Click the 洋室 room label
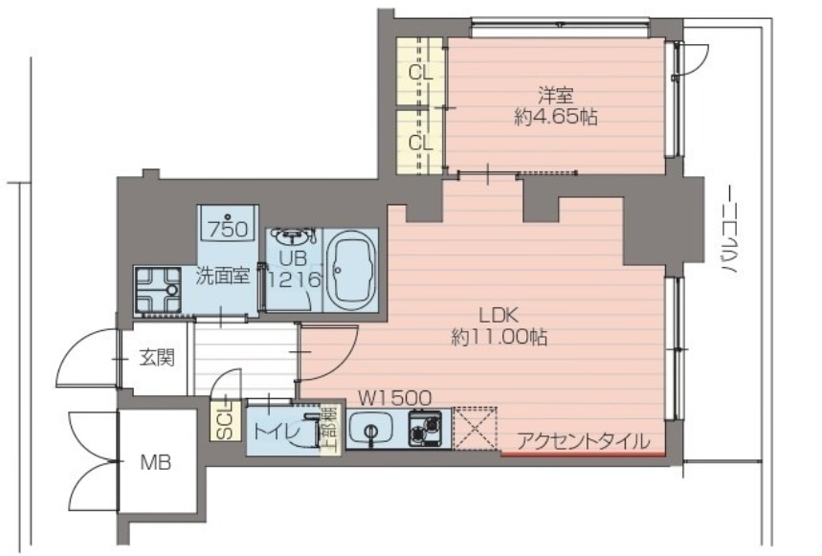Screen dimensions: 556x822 click(555, 96)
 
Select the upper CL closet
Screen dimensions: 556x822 click(420, 72)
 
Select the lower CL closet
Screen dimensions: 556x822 click(420, 142)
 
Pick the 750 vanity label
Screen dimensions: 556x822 click(229, 229)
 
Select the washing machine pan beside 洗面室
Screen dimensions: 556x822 click(158, 288)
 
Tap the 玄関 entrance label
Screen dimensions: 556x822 click(157, 359)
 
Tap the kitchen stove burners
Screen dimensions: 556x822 click(427, 429)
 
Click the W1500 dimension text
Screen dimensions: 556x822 click(395, 396)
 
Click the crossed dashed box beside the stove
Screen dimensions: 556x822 click(476, 428)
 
